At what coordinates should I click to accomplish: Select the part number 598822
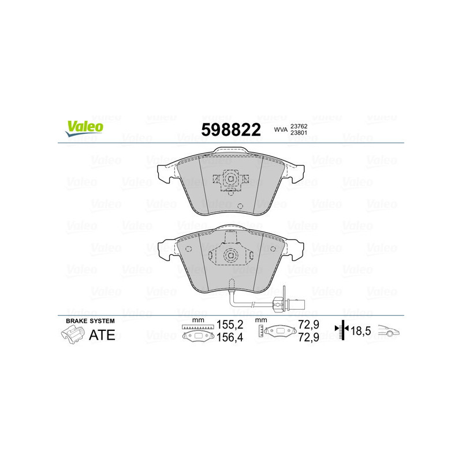pos(230,130)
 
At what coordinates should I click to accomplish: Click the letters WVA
pos(281,131)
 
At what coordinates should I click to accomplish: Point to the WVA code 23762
pos(299,126)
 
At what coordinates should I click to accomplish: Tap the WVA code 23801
pos(299,134)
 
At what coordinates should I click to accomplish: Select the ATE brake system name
pos(101,335)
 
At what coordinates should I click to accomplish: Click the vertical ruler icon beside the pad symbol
pos(261,331)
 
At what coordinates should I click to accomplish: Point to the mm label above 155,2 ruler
pos(198,320)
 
